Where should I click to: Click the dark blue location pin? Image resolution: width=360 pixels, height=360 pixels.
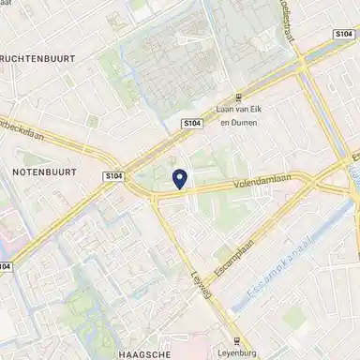(x=180, y=176)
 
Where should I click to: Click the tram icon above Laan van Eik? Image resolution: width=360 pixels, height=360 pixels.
(x=240, y=97)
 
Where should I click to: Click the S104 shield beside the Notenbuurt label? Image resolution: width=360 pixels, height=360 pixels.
(x=113, y=175)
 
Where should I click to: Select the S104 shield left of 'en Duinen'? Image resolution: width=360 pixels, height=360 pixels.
(x=190, y=122)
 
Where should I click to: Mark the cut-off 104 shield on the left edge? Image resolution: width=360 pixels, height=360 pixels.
(x=6, y=266)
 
